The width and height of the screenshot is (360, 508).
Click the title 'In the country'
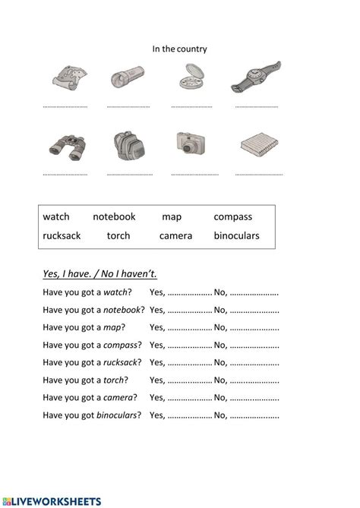[x=179, y=49]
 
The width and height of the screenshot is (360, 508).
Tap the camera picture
[x=189, y=144]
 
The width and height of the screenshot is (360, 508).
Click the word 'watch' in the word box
[x=56, y=217]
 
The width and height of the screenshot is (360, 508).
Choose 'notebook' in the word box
[x=114, y=217]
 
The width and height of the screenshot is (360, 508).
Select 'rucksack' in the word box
[x=62, y=235]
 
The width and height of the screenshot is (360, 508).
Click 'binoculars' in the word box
[x=236, y=235]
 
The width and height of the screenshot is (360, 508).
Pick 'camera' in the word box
[x=175, y=235]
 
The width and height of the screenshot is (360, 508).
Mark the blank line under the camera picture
[x=194, y=174]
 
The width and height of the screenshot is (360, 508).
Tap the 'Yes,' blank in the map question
[x=189, y=329]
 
